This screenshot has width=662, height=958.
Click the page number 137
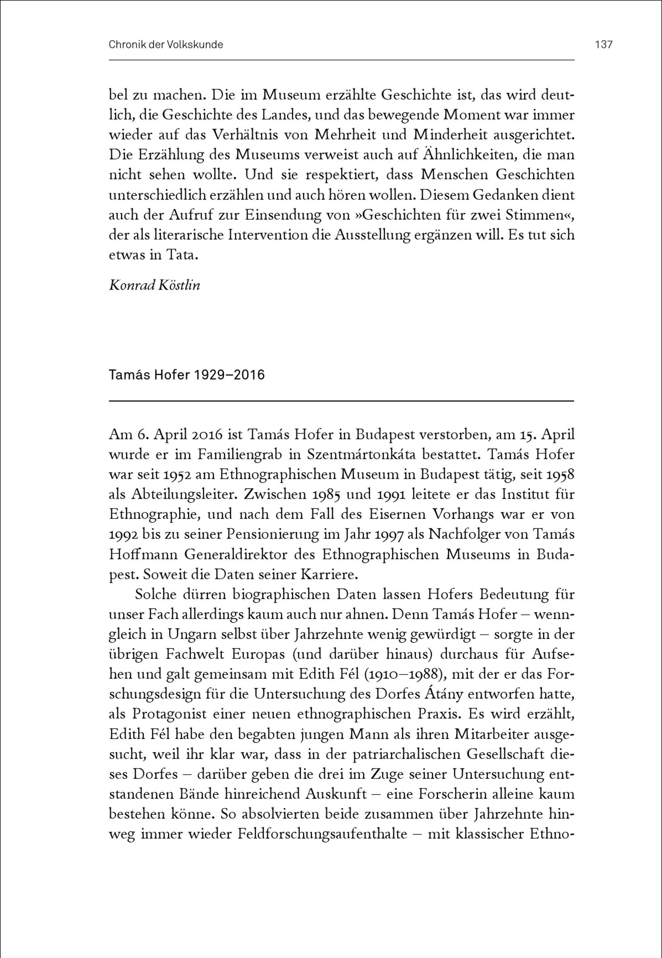(x=603, y=44)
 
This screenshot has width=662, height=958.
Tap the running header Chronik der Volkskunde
(x=166, y=44)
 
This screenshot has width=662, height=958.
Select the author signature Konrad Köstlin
(x=154, y=285)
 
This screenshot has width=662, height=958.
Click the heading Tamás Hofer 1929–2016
(x=187, y=375)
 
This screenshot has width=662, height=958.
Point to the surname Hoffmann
(x=144, y=554)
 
